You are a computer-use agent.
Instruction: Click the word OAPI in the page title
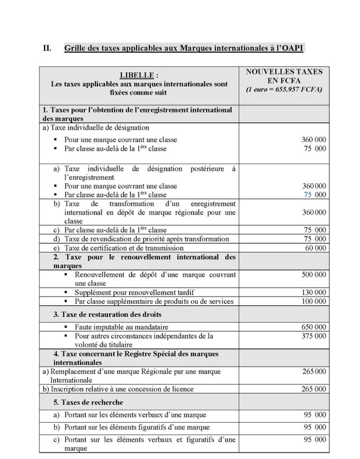click(297, 48)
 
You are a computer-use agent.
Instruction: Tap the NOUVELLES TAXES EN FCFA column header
click(284, 76)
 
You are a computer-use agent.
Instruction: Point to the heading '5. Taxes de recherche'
click(89, 402)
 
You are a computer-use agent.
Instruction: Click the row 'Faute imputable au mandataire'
click(121, 327)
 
